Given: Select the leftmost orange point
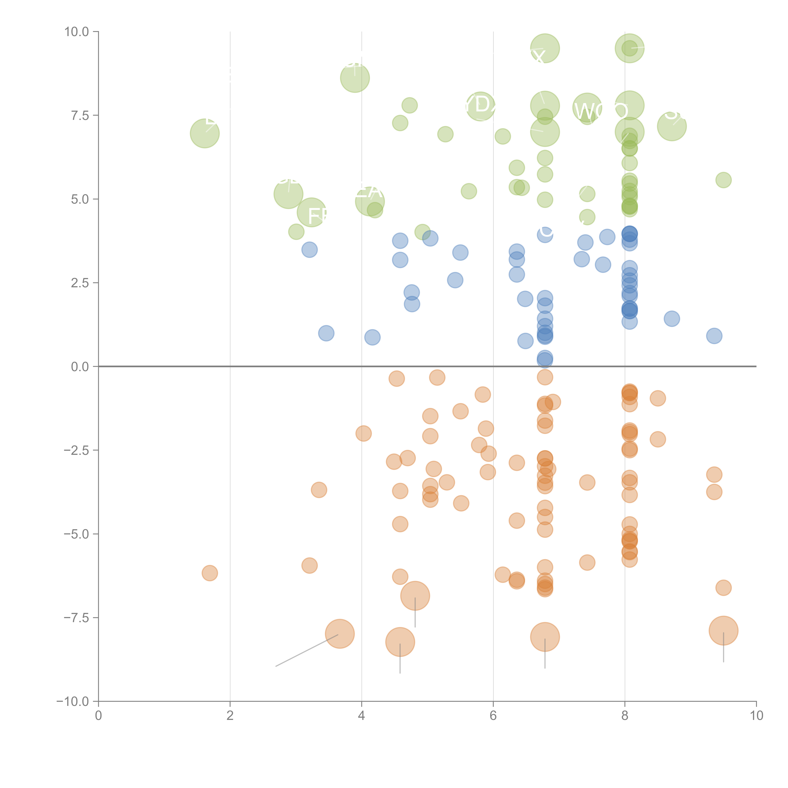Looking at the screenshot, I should [210, 573].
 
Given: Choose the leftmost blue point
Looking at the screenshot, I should [310, 250].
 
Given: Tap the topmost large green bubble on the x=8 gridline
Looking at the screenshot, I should [629, 48].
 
